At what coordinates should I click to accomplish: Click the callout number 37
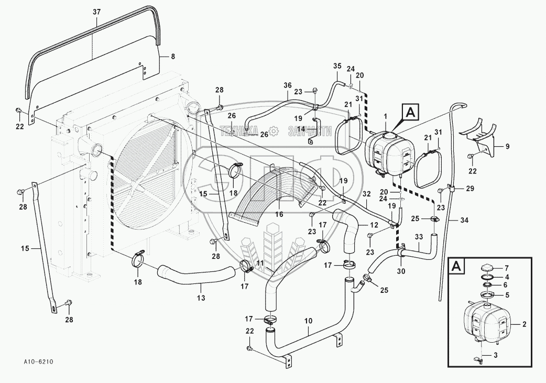(x=95, y=12)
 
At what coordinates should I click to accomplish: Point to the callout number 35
(x=337, y=66)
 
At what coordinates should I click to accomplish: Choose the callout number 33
(x=419, y=237)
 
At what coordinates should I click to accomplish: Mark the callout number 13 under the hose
(x=201, y=298)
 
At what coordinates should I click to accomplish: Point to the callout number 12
(x=374, y=225)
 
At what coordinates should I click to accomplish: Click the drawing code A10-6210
(x=38, y=362)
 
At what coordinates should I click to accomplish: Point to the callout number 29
(x=469, y=188)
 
